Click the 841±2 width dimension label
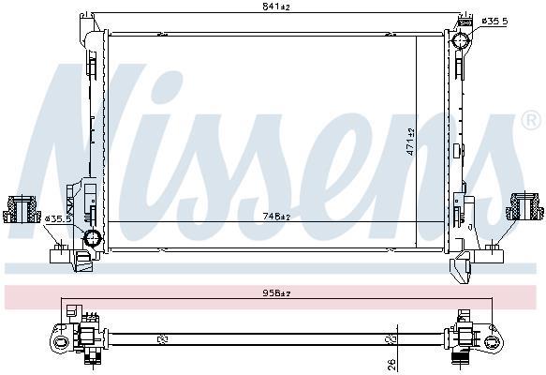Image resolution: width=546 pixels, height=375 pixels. pos(275,7)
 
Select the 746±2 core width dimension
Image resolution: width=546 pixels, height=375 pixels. pos(276,217)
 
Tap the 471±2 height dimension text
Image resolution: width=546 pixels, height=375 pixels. pos(411,142)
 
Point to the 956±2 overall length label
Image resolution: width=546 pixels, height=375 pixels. pos(276,293)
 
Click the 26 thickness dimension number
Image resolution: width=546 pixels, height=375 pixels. pos(391,364)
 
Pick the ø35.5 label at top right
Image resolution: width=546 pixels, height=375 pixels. pos(494,22)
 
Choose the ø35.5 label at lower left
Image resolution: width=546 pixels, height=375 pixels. pos(58,218)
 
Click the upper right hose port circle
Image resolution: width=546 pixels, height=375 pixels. pos(461,40)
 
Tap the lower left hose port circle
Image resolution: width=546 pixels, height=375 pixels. pos(93,238)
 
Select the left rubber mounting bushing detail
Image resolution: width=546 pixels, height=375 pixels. pos(22,209)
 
